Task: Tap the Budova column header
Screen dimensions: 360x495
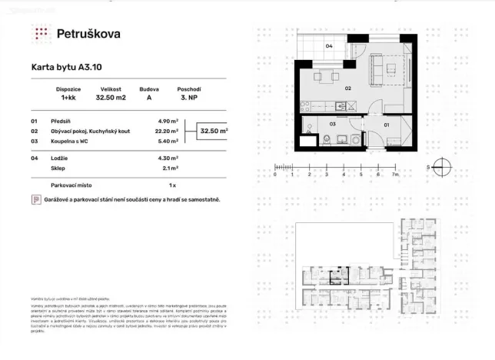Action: click(x=149, y=88)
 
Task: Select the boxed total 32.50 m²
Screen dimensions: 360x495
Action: click(x=214, y=131)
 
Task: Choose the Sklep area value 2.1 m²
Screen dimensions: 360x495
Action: click(x=170, y=167)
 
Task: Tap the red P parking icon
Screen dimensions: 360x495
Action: click(x=35, y=200)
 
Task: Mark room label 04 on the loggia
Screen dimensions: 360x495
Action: click(x=328, y=47)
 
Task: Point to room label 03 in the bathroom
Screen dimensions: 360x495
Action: click(x=333, y=123)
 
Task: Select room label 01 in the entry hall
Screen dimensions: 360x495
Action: click(x=387, y=123)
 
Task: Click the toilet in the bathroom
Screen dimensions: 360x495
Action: click(x=328, y=139)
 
